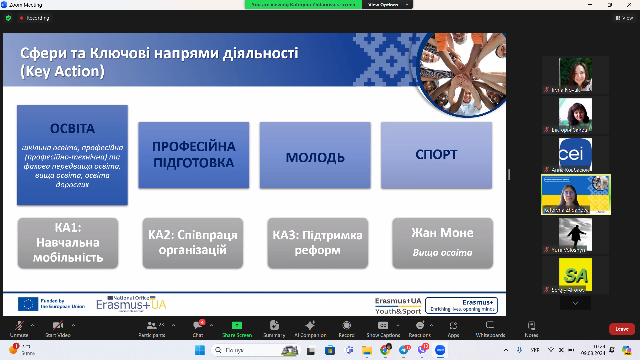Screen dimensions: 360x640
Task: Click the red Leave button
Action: (622, 329)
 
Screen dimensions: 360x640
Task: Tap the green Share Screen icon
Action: (237, 325)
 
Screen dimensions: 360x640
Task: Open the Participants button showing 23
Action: (152, 329)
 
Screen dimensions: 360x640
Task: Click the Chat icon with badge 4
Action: (198, 325)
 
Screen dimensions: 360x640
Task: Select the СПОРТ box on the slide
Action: (436, 155)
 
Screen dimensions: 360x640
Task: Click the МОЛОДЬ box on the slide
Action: (315, 155)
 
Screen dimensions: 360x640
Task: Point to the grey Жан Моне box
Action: (442, 243)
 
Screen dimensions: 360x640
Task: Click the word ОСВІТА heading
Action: (72, 129)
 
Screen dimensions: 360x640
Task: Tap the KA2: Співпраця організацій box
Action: (193, 243)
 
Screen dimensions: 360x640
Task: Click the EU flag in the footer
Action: (28, 304)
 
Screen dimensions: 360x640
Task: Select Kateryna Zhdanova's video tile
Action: (575, 195)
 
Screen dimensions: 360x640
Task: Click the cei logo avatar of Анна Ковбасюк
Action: (575, 153)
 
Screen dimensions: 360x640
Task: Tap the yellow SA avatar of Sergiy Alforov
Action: (575, 274)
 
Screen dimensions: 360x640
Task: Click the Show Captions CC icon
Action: (383, 325)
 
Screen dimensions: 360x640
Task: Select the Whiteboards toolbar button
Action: (490, 329)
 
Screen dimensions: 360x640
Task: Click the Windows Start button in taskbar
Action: (200, 350)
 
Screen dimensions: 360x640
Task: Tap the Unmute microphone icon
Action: (19, 325)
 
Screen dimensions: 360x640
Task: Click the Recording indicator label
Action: (38, 18)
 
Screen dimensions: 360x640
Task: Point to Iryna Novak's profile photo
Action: (575, 74)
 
